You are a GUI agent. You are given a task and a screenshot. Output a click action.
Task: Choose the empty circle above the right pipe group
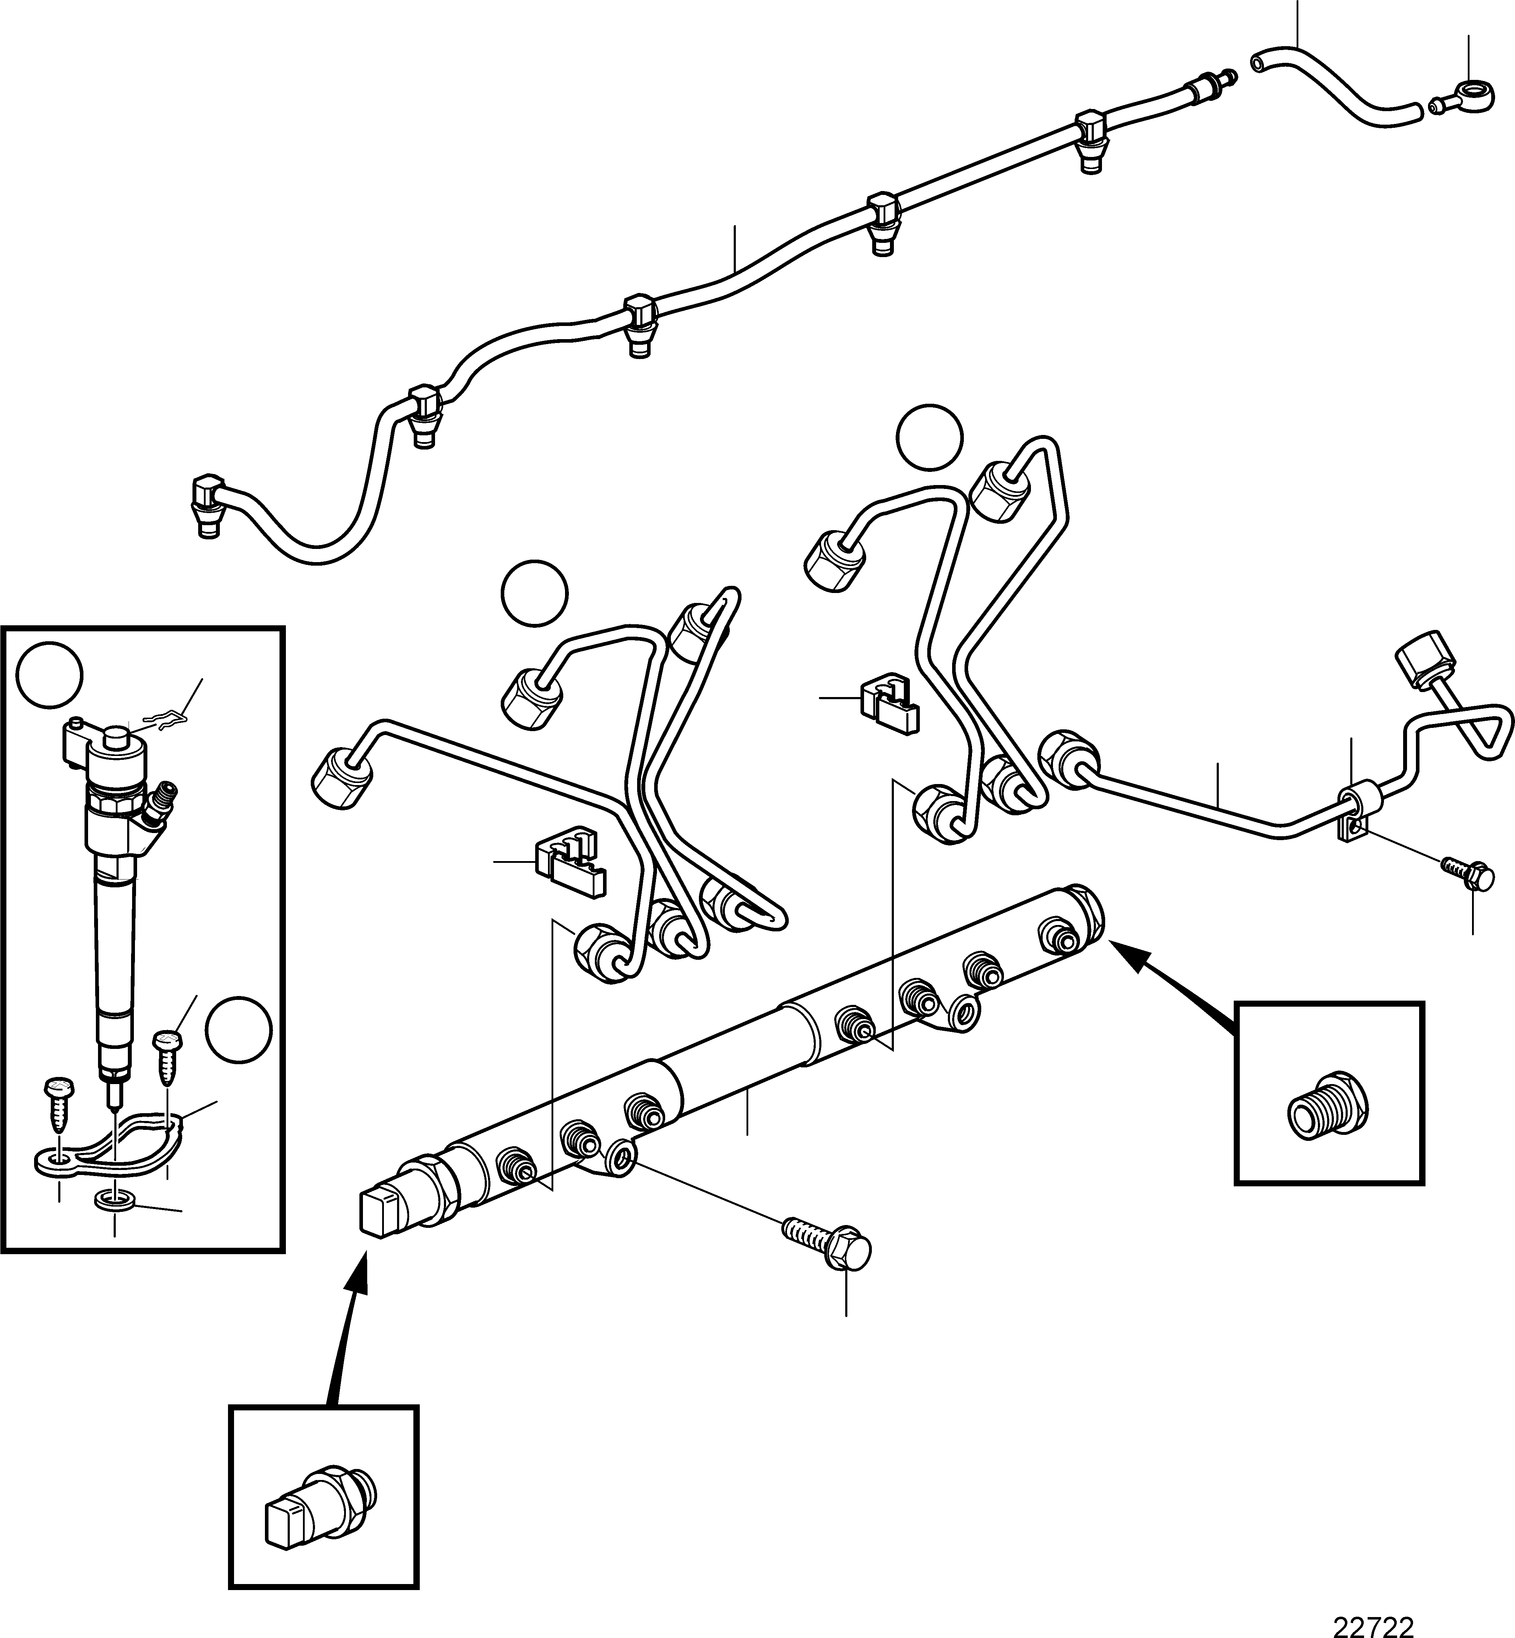point(930,438)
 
